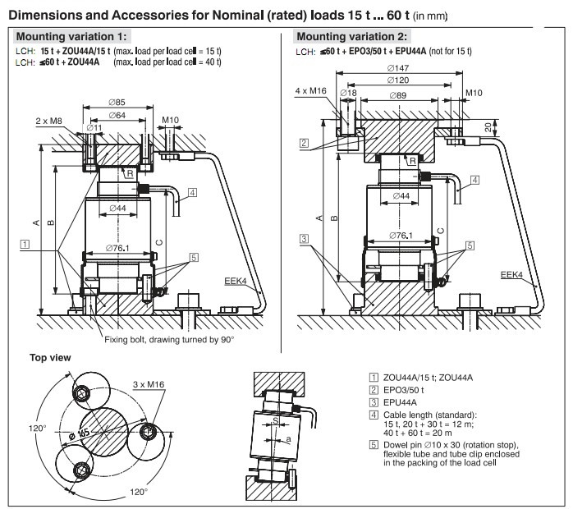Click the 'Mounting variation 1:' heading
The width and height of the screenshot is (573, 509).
[x=73, y=37]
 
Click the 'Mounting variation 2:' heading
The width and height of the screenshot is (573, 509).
[x=352, y=37]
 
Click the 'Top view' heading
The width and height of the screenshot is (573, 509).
[x=50, y=357]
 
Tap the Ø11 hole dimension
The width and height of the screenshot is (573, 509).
[x=93, y=129]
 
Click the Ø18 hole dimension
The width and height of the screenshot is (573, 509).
[x=350, y=95]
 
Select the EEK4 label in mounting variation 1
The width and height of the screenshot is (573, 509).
[x=235, y=282]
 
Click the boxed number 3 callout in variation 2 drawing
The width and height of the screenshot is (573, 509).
[x=304, y=240]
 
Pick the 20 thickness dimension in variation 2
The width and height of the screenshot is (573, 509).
[x=489, y=126]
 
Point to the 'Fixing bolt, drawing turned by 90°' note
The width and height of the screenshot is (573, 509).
[x=169, y=340]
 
